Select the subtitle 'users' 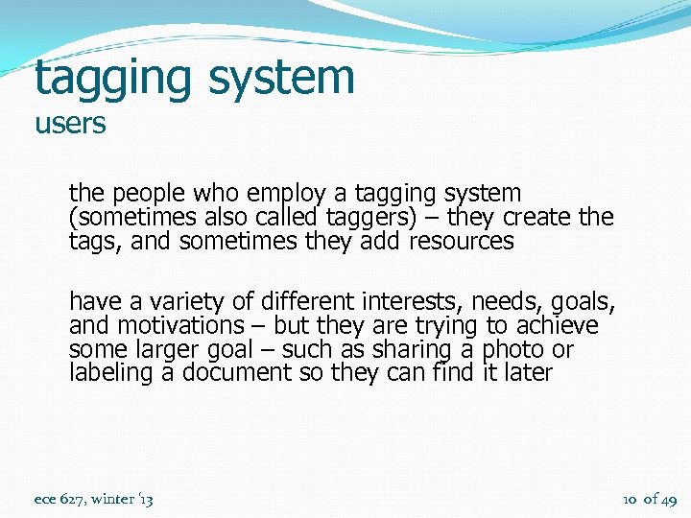click(x=70, y=125)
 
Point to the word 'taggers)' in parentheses click(x=364, y=218)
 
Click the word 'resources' click(x=461, y=242)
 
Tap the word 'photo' click(x=513, y=350)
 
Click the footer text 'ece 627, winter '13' click(x=93, y=499)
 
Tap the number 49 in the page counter click(x=669, y=499)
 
